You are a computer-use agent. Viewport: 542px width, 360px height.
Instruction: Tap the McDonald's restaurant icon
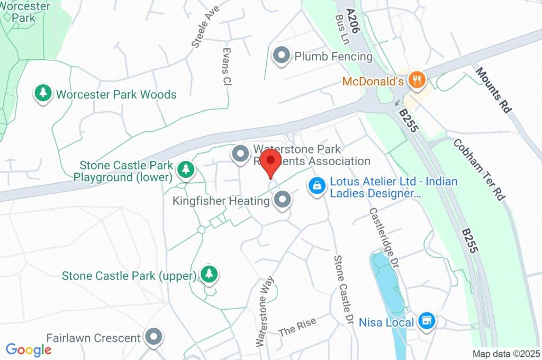coord(418,80)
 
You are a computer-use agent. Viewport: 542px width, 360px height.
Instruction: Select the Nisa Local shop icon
coord(426,321)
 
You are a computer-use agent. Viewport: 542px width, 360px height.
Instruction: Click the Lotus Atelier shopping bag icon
coord(317,186)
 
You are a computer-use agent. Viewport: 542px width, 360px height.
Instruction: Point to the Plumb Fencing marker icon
coord(281,56)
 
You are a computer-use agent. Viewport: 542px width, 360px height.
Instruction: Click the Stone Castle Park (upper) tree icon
coord(210,274)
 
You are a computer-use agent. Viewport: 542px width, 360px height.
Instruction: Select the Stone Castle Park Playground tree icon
coord(186,169)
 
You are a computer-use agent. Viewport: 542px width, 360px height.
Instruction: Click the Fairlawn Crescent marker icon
coord(154,337)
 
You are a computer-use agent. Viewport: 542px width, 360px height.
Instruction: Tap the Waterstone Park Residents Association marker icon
coord(241,154)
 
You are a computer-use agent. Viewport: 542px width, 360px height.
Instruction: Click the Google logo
coord(29,350)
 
